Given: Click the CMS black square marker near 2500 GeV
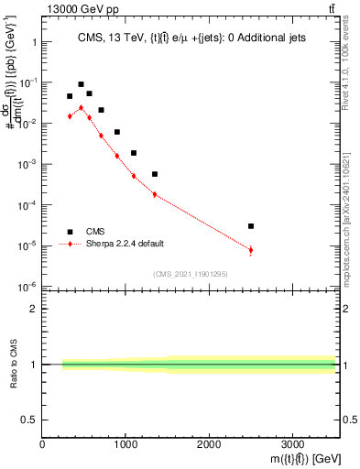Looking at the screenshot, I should (251, 225).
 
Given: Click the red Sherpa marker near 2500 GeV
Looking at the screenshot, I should (251, 249).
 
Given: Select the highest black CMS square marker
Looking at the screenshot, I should (81, 84).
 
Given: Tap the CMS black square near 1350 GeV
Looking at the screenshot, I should (155, 174).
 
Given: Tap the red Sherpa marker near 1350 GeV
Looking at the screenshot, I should (155, 194).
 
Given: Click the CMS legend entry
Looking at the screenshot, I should (96, 232).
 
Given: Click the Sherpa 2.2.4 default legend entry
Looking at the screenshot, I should (124, 245).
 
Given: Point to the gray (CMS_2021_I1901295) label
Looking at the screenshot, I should (191, 274).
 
